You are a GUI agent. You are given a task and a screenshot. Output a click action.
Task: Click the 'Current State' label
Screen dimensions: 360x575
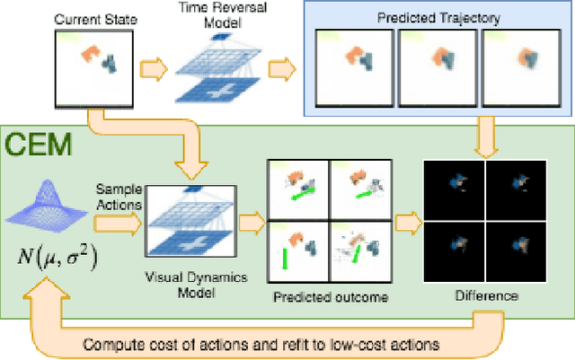coord(87,19)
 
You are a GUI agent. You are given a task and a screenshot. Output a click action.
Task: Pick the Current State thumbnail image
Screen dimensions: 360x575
coord(95,64)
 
